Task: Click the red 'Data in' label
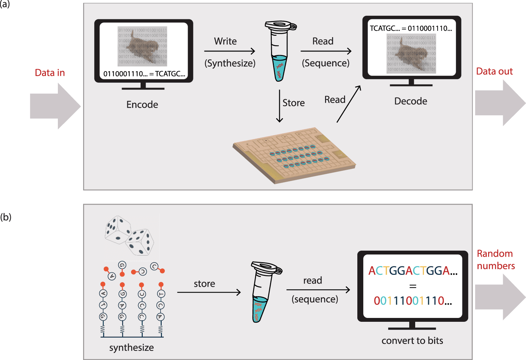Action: click(50, 73)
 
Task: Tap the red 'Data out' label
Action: click(494, 72)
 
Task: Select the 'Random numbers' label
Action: click(495, 260)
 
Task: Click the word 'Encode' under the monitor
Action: click(142, 104)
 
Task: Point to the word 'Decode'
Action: click(411, 101)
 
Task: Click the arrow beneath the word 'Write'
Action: click(230, 52)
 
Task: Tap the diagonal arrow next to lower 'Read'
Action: click(349, 104)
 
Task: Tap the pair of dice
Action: click(129, 235)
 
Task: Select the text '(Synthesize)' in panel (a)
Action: click(230, 63)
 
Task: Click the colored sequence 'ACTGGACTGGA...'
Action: click(413, 271)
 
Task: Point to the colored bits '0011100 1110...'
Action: click(413, 301)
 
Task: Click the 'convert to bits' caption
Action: click(412, 340)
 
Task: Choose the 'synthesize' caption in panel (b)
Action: click(131, 347)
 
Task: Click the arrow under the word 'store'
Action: click(209, 292)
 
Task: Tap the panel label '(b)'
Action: click(6, 217)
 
